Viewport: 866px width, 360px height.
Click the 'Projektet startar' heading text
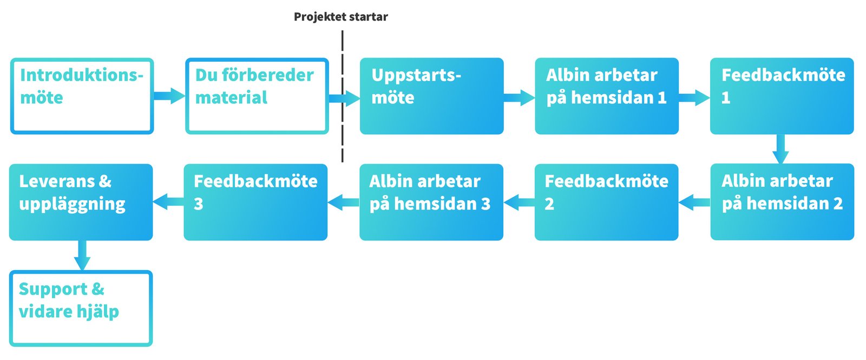340,17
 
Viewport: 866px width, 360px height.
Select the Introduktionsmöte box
82,96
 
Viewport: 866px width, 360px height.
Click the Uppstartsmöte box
431,96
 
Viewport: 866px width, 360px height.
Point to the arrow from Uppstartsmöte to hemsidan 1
519,98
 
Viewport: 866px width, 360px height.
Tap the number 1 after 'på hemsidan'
661,98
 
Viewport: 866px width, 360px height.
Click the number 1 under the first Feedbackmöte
726,98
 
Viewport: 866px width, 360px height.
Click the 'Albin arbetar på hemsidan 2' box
782,202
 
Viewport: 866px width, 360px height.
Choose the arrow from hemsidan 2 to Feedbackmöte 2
694,203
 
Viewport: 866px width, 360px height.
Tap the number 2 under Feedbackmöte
549,204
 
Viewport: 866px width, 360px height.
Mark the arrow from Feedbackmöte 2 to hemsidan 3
519,203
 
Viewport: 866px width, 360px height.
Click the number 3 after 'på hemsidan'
486,204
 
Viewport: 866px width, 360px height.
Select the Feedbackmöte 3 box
255,202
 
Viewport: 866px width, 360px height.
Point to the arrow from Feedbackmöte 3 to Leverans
168,202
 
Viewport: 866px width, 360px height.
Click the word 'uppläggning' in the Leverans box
72,205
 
